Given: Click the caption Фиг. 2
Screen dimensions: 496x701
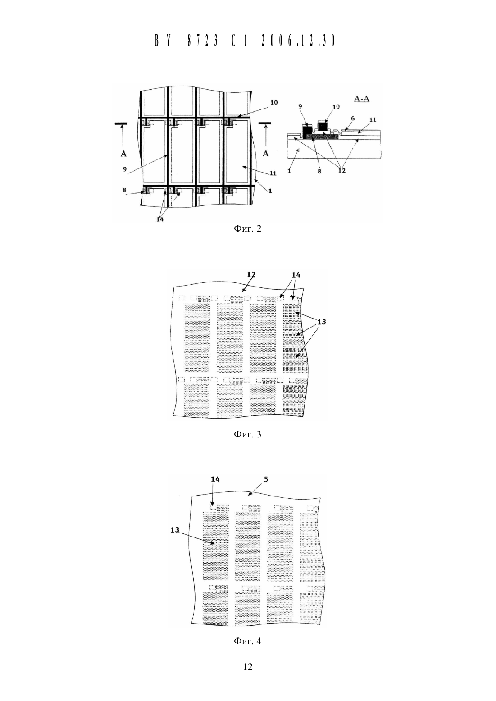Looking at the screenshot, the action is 247,228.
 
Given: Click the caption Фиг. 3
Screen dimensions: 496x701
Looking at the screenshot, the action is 247,434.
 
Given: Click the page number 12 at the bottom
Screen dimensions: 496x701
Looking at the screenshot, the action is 248,667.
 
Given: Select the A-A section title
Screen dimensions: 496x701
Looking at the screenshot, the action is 361,99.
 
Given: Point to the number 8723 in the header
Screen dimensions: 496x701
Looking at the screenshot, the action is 202,41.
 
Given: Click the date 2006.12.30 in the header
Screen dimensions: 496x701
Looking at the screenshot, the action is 298,41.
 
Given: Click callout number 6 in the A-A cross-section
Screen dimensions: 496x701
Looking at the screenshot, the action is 353,118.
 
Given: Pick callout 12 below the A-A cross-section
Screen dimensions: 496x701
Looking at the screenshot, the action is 342,171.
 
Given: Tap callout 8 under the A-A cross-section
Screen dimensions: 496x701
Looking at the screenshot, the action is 319,171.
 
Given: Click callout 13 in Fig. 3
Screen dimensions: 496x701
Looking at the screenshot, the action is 321,322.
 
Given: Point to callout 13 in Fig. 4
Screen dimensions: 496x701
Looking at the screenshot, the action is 175,530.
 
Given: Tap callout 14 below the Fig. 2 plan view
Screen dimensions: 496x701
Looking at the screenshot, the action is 160,219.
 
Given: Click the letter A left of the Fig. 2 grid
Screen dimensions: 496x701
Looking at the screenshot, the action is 124,154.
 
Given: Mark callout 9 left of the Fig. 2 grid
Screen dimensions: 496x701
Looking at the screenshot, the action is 124,169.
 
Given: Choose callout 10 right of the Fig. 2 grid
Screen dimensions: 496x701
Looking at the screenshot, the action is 274,103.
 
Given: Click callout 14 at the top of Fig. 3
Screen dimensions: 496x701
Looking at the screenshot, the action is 296,275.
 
